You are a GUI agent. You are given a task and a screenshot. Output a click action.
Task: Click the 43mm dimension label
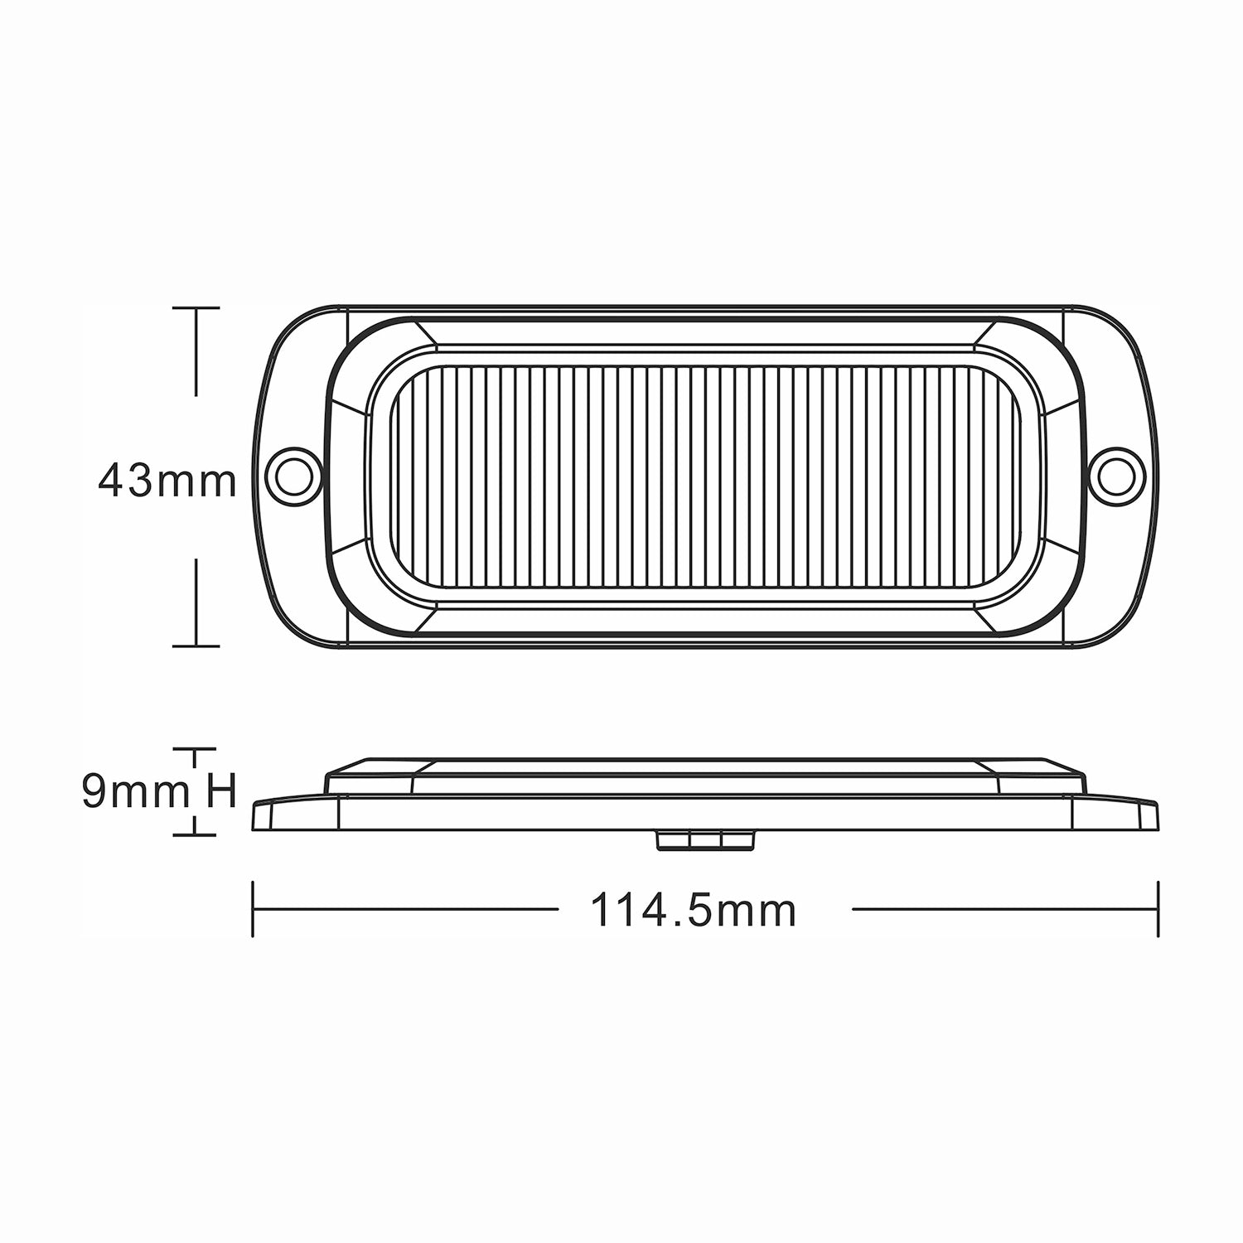point(167,480)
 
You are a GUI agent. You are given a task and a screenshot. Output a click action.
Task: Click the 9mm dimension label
point(135,793)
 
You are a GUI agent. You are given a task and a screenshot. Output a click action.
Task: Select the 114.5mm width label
point(693,911)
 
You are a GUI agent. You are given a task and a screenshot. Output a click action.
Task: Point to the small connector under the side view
point(705,840)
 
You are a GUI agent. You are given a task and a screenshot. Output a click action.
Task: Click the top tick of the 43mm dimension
point(196,307)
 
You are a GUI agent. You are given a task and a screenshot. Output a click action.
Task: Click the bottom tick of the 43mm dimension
point(196,645)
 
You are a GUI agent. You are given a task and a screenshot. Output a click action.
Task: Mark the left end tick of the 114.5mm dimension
point(253,910)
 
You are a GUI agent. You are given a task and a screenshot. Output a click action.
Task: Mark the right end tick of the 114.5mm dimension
point(1158,910)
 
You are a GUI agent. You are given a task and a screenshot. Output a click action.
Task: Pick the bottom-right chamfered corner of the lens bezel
point(989,620)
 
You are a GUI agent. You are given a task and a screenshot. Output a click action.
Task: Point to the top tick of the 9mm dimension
point(195,749)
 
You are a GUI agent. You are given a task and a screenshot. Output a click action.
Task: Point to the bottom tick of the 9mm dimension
point(195,834)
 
